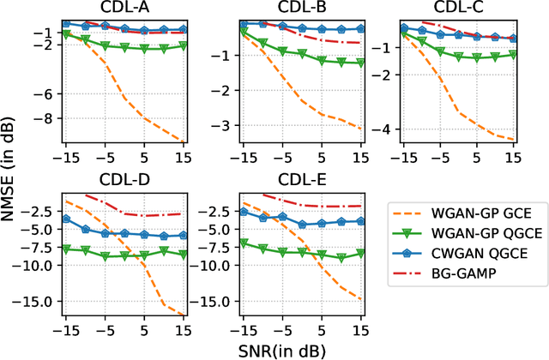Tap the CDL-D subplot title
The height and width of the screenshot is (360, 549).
pyautogui.click(x=124, y=183)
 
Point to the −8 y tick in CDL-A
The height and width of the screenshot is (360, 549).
pyautogui.click(x=48, y=119)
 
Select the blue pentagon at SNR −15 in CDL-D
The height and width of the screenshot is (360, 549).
pyautogui.click(x=66, y=219)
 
